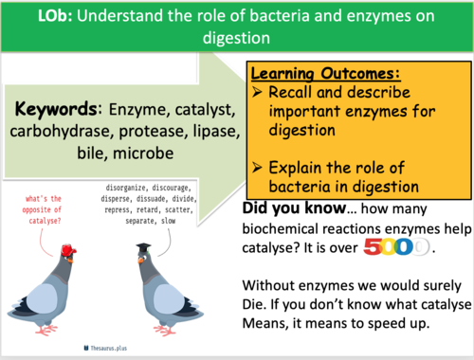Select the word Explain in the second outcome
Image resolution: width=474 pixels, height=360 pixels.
click(x=301, y=167)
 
